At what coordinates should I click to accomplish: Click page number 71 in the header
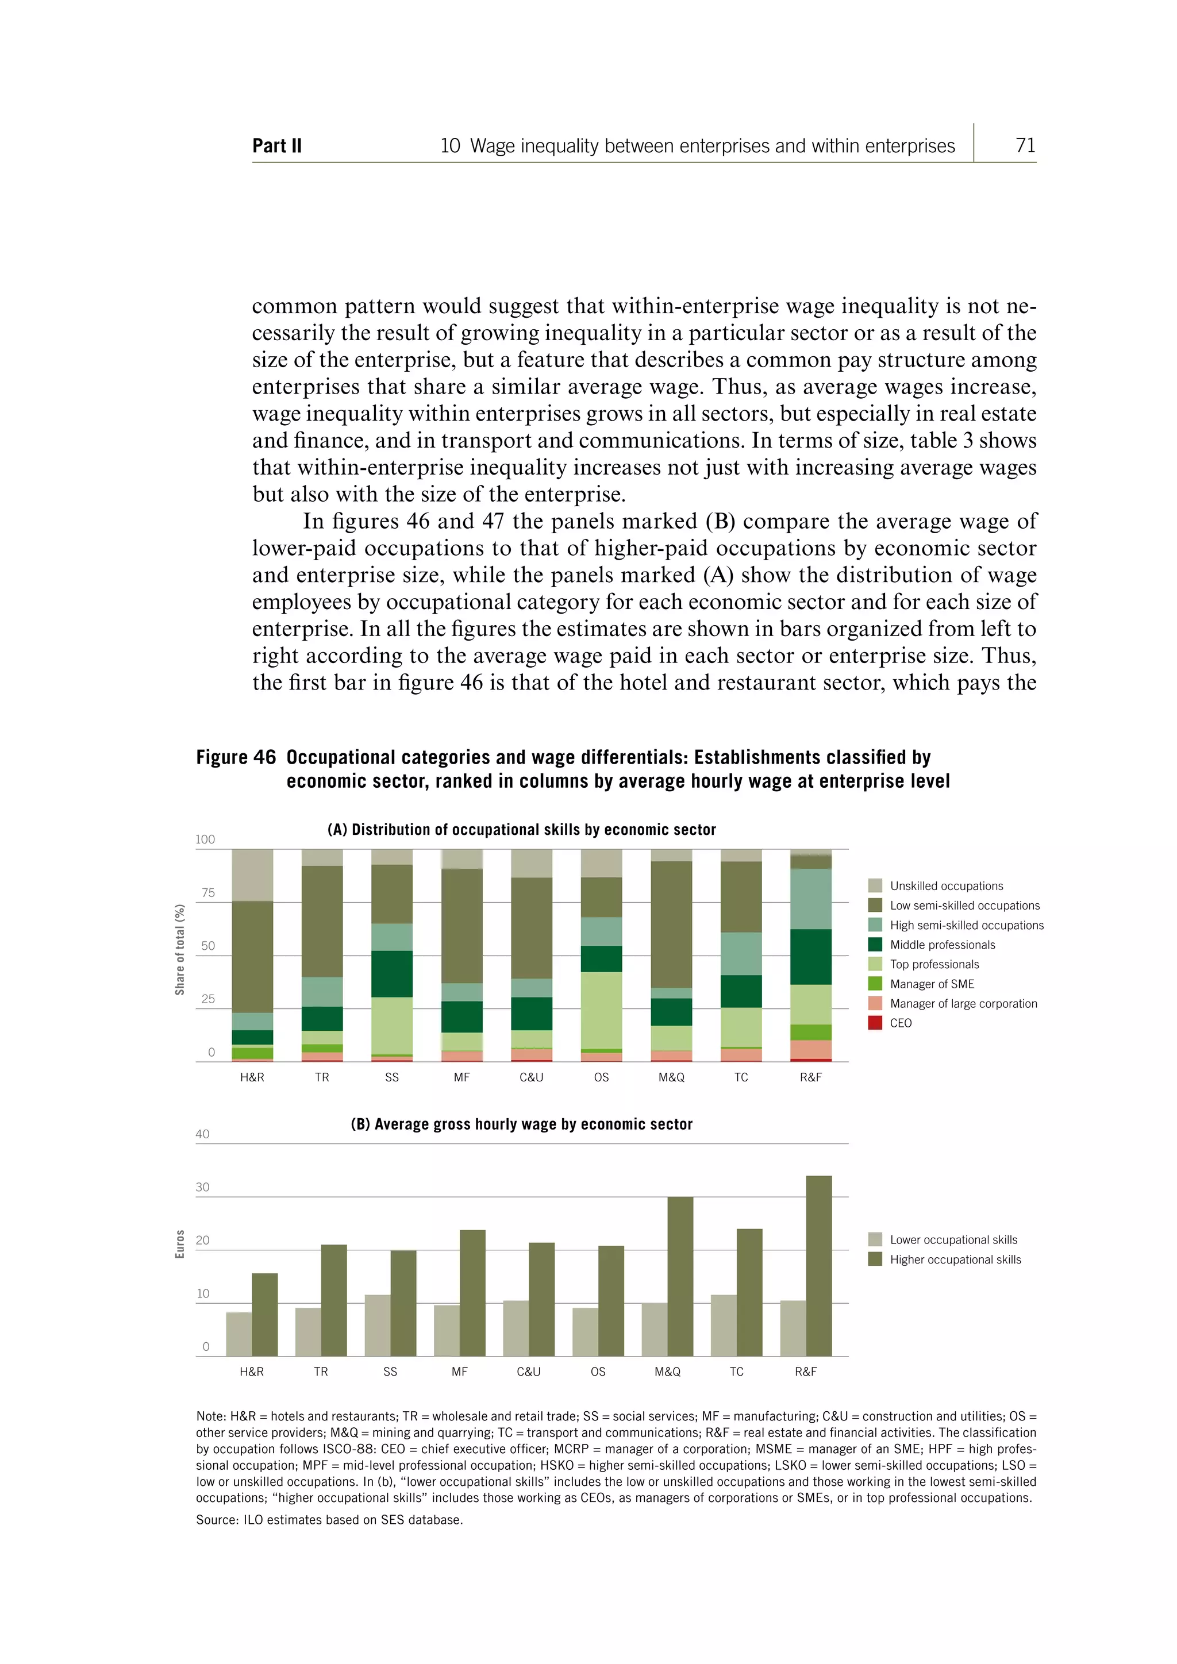click(x=1025, y=146)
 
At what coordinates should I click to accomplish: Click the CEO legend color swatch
click(x=875, y=1023)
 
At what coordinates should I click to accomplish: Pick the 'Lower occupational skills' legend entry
click(x=953, y=1239)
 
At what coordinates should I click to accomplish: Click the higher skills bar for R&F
click(x=818, y=1265)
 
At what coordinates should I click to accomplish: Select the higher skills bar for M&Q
click(x=680, y=1276)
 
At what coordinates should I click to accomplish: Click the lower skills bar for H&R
click(x=239, y=1334)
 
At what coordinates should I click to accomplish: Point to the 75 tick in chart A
click(x=208, y=893)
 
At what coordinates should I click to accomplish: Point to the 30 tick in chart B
click(x=202, y=1187)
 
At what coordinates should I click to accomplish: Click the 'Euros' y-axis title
click(x=180, y=1243)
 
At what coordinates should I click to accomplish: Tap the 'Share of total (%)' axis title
click(x=180, y=949)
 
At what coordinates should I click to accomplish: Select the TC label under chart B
click(x=736, y=1371)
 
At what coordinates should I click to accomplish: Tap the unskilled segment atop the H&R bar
click(x=252, y=875)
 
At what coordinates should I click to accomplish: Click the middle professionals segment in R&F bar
click(x=810, y=957)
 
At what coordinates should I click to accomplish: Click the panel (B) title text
click(x=521, y=1124)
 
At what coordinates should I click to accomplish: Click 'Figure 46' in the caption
click(x=236, y=757)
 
